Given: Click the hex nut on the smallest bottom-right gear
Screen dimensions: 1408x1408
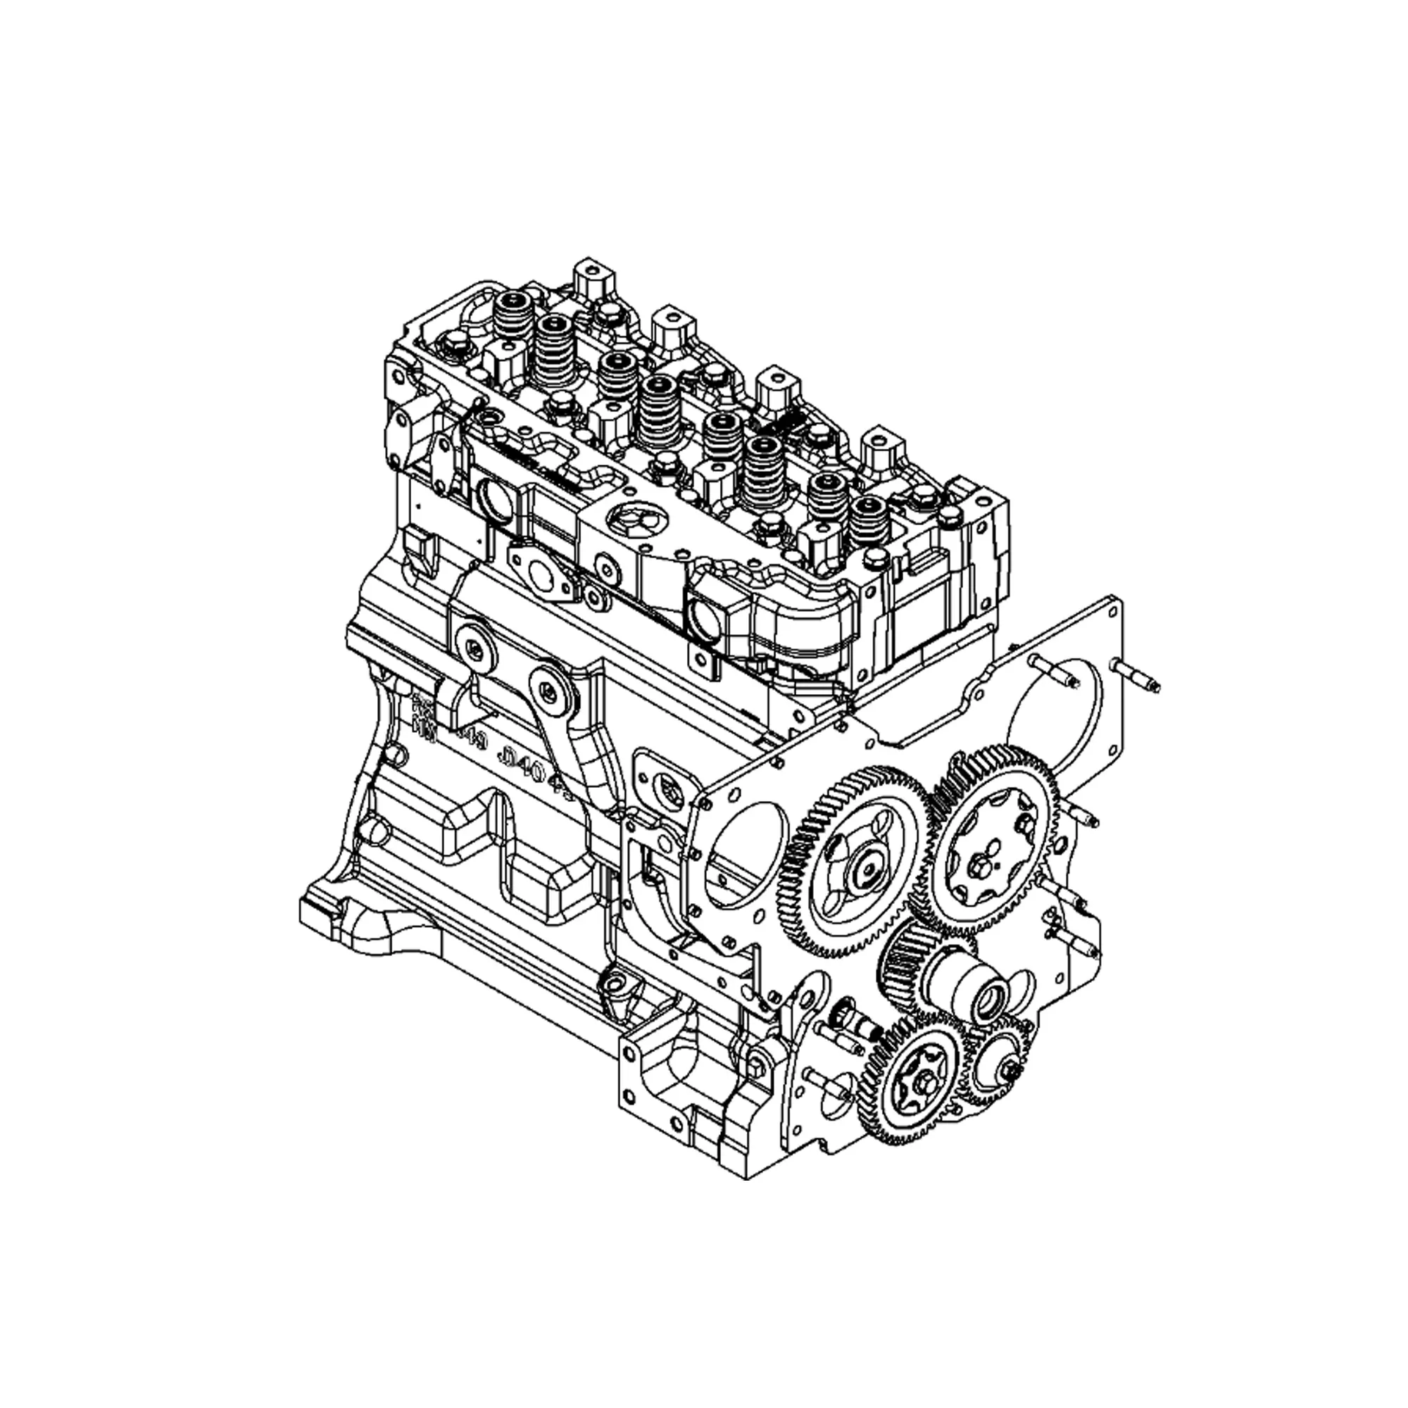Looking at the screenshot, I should pos(1011,1069).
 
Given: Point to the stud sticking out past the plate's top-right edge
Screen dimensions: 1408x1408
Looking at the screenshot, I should pos(1136,675).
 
